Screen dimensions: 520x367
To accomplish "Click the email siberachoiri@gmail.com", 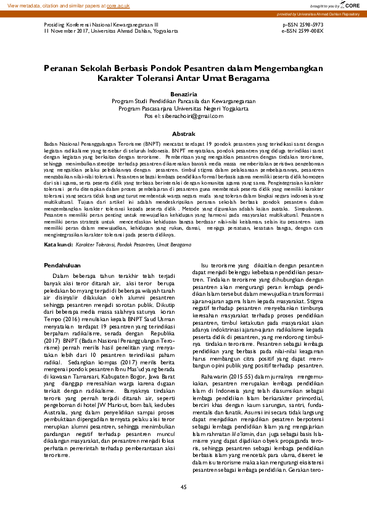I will point(183,116).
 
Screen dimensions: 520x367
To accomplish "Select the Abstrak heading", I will point(183,133).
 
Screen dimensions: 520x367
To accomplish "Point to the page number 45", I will point(183,488).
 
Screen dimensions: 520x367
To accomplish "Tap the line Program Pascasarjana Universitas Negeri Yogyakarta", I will point(183,109).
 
